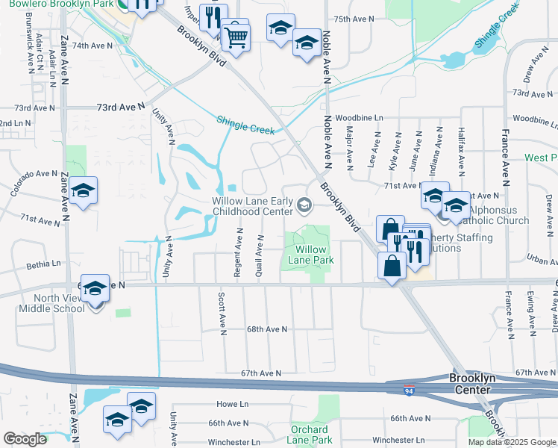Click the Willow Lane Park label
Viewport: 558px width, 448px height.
point(310,255)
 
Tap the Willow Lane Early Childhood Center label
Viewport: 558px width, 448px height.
point(251,206)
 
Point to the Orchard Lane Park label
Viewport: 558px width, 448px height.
point(310,435)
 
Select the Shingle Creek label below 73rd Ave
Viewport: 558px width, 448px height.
point(246,125)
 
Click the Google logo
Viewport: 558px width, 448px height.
point(24,439)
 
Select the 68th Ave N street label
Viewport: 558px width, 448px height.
point(266,329)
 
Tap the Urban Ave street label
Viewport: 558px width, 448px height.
point(543,260)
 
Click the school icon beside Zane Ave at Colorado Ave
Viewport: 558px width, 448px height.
point(84,192)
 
